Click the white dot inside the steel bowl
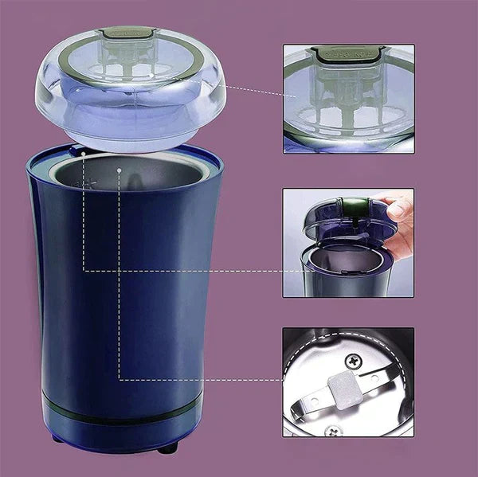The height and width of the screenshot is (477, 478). tap(119, 170)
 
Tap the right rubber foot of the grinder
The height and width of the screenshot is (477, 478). tap(167, 448)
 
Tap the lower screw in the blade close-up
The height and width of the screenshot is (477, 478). tap(331, 431)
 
